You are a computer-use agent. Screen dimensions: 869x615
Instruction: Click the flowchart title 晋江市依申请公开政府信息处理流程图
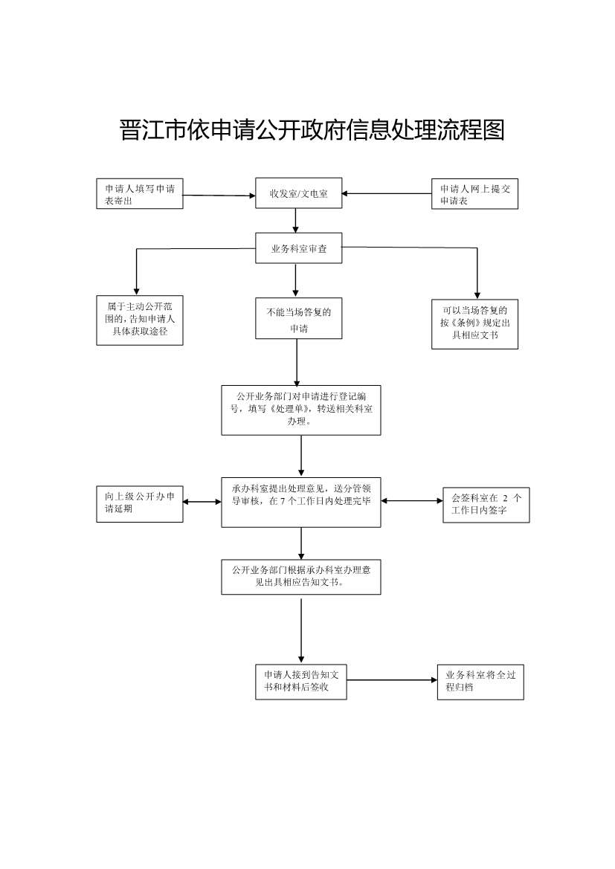click(x=312, y=129)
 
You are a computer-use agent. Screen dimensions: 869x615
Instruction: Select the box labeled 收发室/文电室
click(x=299, y=193)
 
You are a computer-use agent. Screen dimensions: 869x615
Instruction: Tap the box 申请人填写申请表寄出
click(x=140, y=194)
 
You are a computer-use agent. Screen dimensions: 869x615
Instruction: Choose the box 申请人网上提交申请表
click(x=474, y=194)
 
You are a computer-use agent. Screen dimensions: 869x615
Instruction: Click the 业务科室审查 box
click(x=299, y=248)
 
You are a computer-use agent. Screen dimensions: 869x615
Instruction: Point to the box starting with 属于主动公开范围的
click(x=140, y=320)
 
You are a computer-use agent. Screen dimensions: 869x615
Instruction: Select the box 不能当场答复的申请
click(x=299, y=319)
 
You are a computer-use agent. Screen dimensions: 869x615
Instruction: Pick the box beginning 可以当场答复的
click(x=474, y=323)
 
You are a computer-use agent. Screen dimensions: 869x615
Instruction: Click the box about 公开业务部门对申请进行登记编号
click(x=301, y=410)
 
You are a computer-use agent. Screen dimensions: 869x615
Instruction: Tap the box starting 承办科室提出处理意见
click(x=301, y=502)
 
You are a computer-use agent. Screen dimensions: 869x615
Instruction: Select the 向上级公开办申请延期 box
click(x=140, y=503)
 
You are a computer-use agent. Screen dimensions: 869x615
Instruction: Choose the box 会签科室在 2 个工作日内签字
click(x=486, y=504)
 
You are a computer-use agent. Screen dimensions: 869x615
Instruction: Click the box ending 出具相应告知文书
click(x=301, y=577)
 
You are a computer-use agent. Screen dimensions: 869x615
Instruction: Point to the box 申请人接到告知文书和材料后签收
click(x=301, y=682)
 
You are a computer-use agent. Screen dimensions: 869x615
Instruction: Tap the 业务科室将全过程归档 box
click(x=480, y=682)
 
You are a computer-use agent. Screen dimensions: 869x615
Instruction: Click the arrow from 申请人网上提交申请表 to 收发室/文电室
click(x=387, y=194)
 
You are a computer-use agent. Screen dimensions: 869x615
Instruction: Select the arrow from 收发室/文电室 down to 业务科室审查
click(x=296, y=220)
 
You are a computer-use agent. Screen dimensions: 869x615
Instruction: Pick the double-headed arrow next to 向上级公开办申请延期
click(x=202, y=502)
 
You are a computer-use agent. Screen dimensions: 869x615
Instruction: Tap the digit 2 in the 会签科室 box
click(x=506, y=497)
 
